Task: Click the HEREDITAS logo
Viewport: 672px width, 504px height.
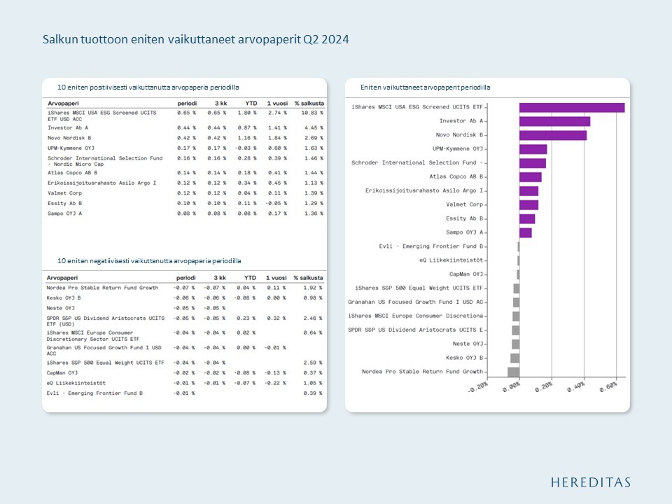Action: (x=590, y=482)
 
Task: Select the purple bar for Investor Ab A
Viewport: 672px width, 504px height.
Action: (x=554, y=121)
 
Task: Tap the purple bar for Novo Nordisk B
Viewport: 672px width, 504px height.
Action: (x=552, y=135)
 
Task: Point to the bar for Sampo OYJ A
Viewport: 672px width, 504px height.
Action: (x=525, y=232)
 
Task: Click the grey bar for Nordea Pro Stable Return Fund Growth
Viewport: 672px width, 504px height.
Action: (x=513, y=372)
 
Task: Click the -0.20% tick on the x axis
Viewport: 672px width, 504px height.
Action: (x=477, y=388)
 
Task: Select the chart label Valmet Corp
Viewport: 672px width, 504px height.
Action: (x=464, y=205)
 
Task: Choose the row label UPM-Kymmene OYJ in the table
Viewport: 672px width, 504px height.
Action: (x=70, y=148)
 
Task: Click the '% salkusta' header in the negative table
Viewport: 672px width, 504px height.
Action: (x=308, y=277)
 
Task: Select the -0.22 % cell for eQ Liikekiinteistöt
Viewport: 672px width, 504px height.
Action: (x=276, y=383)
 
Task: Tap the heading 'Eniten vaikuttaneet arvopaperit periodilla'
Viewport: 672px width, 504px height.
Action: (x=425, y=87)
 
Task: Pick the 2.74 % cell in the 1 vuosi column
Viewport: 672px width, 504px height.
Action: (x=277, y=113)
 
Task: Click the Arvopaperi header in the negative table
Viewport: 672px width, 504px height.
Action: (x=63, y=277)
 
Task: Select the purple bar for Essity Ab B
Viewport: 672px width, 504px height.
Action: (x=527, y=218)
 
